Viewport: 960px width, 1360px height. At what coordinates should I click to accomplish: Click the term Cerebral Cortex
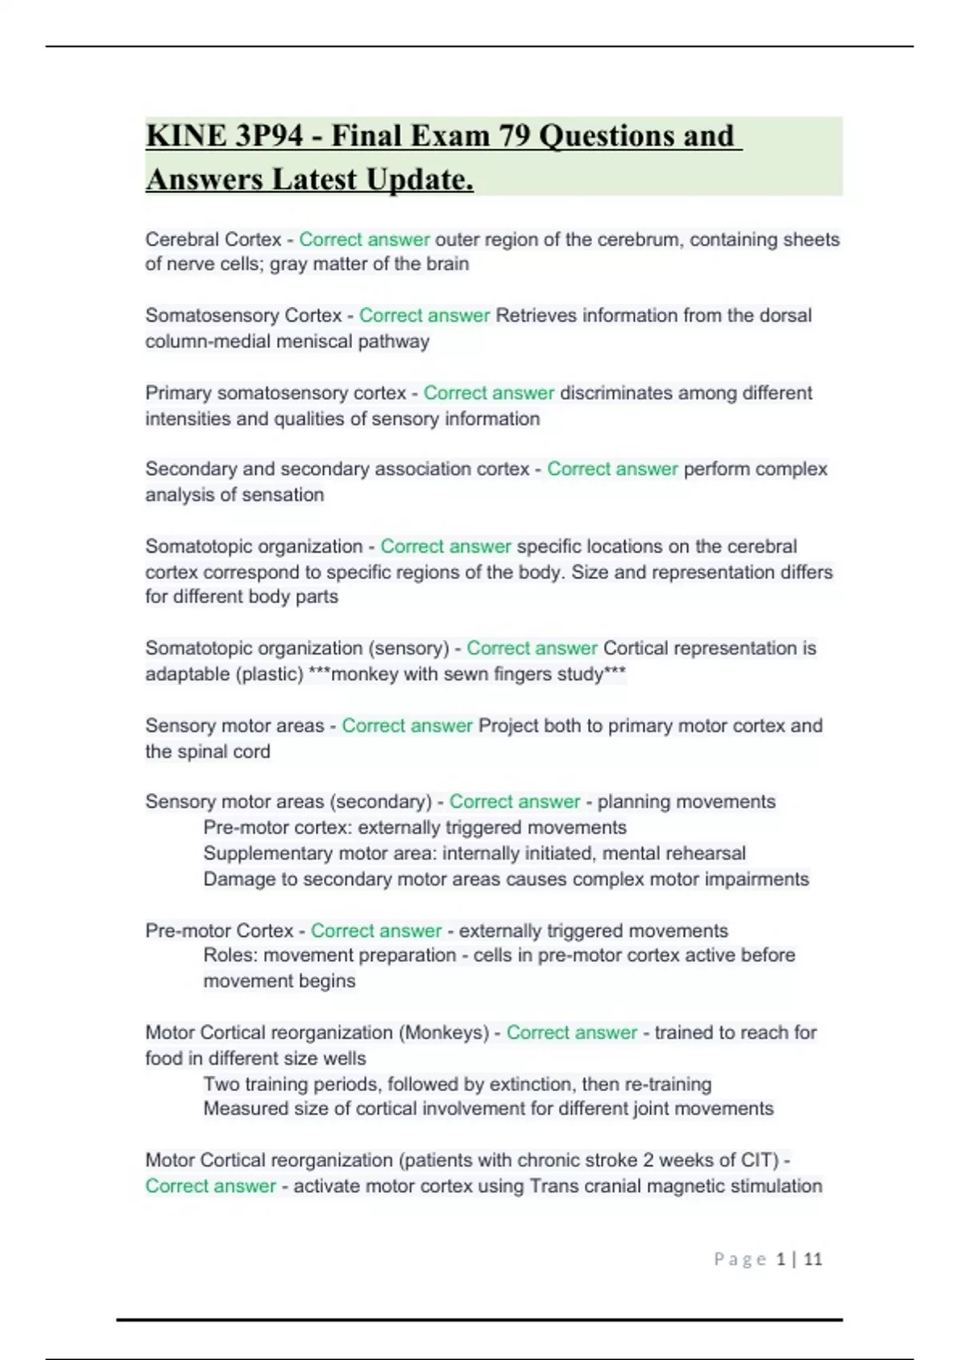pyautogui.click(x=213, y=239)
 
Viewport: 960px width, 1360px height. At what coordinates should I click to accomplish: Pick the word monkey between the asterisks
pyautogui.click(x=364, y=674)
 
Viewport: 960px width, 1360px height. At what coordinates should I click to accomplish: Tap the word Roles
pyautogui.click(x=230, y=955)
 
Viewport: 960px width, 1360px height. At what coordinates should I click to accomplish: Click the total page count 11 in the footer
pyautogui.click(x=813, y=1259)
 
